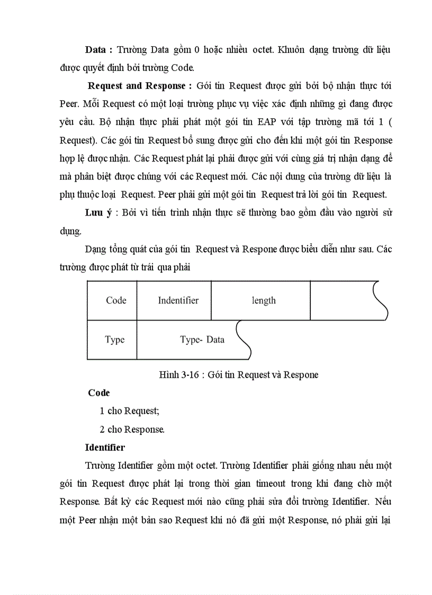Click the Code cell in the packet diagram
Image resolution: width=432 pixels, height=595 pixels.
116,300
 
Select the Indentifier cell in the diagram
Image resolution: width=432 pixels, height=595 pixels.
178,300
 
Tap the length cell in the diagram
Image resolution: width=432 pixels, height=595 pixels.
263,300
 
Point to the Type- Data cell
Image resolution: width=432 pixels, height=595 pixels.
202,340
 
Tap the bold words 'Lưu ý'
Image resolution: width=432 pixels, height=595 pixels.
98,213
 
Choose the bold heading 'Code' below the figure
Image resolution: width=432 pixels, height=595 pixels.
99,393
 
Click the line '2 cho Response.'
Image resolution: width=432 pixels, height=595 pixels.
132,429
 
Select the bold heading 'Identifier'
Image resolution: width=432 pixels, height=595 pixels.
105,447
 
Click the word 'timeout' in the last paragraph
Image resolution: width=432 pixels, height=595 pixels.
294,483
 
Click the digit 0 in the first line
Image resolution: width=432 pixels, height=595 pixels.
197,50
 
